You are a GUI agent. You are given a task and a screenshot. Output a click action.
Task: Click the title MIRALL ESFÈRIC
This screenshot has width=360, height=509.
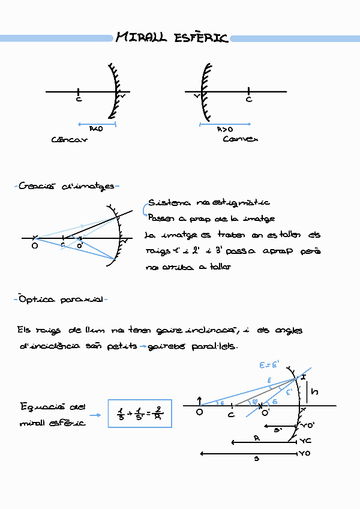(x=172, y=38)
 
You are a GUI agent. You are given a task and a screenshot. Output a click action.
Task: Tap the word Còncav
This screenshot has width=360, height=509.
(x=69, y=139)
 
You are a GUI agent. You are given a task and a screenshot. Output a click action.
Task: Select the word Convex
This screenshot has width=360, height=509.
(x=240, y=139)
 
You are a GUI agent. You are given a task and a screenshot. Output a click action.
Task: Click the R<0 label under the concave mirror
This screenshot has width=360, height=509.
(x=96, y=129)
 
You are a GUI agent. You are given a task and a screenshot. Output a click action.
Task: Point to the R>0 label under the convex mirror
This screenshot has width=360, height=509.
(x=225, y=129)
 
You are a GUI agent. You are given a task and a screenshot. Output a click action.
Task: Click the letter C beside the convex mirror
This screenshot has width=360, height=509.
(x=249, y=100)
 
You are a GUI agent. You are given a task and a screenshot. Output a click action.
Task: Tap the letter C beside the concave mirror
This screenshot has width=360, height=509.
(x=79, y=100)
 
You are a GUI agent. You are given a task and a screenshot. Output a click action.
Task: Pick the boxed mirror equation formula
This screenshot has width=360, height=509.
(x=139, y=413)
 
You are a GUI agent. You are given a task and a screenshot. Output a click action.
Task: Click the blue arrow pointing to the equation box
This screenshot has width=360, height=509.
(x=94, y=415)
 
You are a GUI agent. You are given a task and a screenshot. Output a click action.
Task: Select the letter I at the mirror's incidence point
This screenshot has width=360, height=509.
(x=304, y=377)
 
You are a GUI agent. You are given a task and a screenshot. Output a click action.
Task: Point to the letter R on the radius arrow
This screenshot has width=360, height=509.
(x=257, y=439)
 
